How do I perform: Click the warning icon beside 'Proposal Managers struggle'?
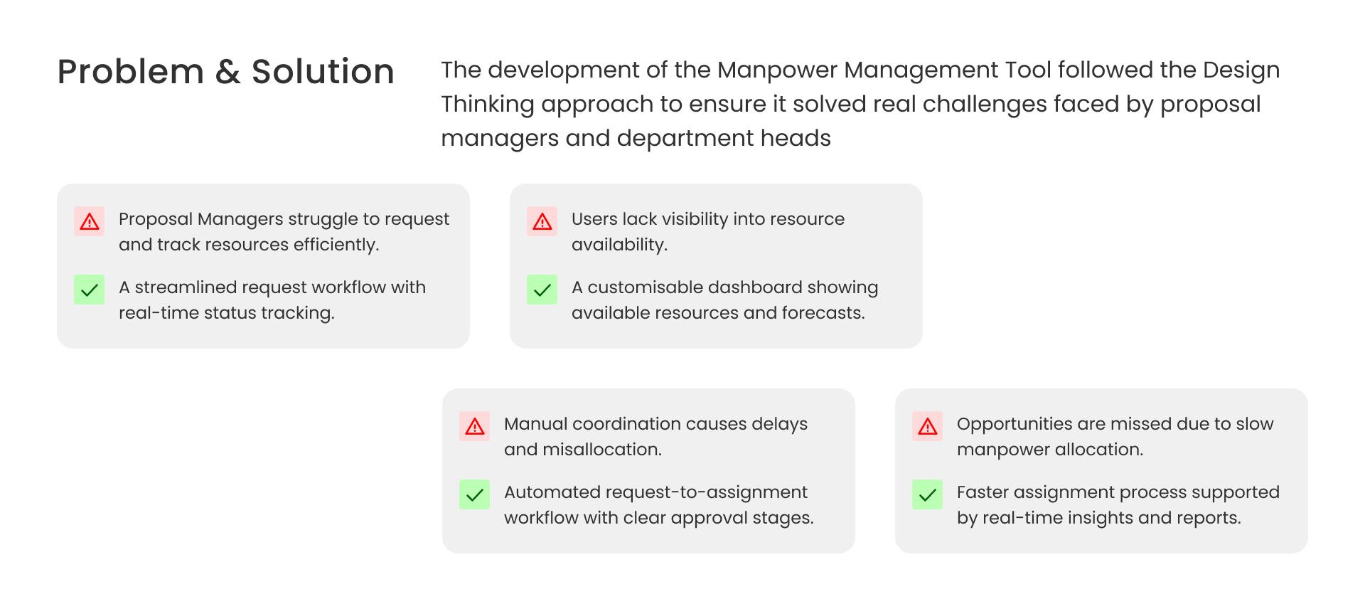[x=89, y=221]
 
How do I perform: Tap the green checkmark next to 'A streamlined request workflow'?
[x=89, y=290]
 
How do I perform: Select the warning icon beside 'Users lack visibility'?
[x=542, y=221]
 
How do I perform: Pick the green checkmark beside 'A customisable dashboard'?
[x=542, y=290]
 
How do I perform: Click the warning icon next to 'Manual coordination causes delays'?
[x=474, y=426]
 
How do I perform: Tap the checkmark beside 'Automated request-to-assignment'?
[x=474, y=494]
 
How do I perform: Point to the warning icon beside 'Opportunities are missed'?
[x=927, y=426]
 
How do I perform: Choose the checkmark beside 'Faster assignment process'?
[x=927, y=494]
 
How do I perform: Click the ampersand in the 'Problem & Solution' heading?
[x=227, y=72]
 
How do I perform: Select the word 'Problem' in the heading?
[x=131, y=72]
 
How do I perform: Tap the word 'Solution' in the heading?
[x=323, y=72]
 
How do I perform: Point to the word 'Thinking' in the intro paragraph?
[x=487, y=104]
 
